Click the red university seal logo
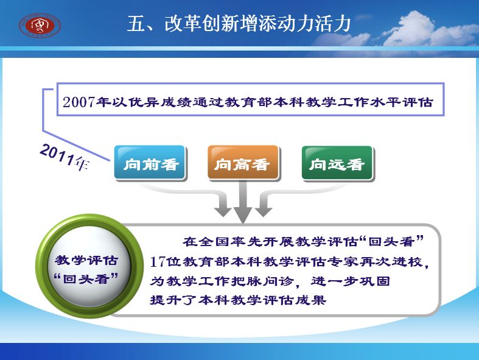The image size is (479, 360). click(x=40, y=25)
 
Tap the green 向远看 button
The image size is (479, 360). click(x=337, y=163)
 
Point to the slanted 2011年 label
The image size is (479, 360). click(x=65, y=157)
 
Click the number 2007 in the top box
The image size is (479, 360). click(x=79, y=102)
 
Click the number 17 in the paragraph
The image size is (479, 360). click(x=158, y=262)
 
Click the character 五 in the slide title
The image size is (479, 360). click(x=136, y=24)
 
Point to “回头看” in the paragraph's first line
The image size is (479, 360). click(x=391, y=242)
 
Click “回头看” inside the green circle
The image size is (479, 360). click(x=86, y=278)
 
